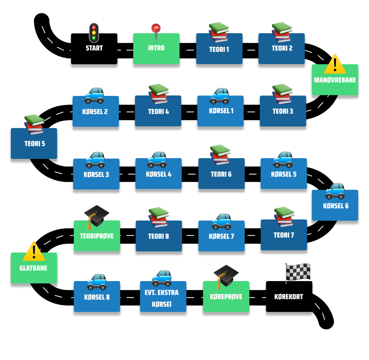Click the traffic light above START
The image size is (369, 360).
coord(94,32)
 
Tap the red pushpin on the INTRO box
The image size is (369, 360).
coord(156,29)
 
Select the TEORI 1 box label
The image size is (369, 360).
coord(219,49)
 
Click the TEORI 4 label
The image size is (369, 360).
coord(158,112)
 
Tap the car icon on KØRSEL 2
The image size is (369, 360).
coord(94,95)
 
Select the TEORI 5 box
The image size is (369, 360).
coord(35,144)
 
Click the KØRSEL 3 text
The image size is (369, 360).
coord(96,175)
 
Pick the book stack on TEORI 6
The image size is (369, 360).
coord(220,155)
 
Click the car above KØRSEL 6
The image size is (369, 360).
coord(335,191)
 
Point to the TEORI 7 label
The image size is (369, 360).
coord(284,235)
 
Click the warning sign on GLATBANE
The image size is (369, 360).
coord(34,251)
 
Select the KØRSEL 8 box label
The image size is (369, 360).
coord(97,297)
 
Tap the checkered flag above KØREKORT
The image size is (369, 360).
coord(298,272)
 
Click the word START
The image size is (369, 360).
coord(94,48)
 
